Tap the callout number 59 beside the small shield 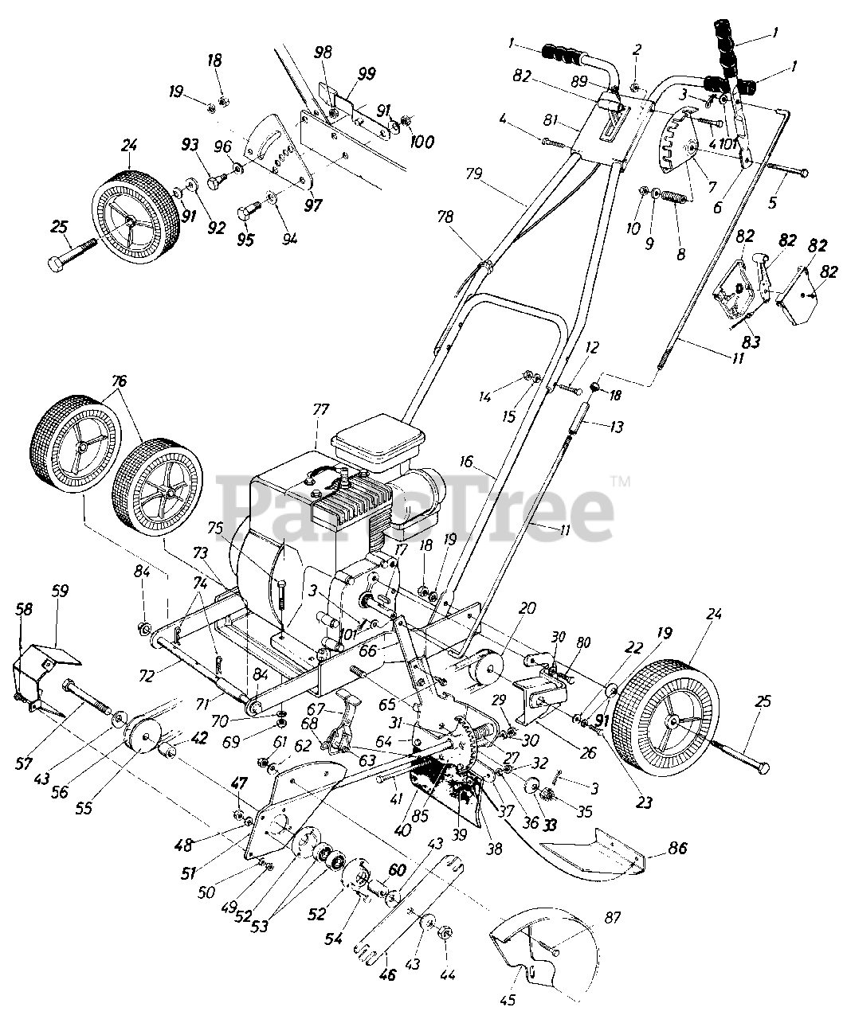click(60, 591)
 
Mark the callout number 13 click(615, 427)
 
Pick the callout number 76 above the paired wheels click(120, 381)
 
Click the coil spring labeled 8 click(676, 196)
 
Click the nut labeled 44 click(446, 933)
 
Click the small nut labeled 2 click(636, 85)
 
